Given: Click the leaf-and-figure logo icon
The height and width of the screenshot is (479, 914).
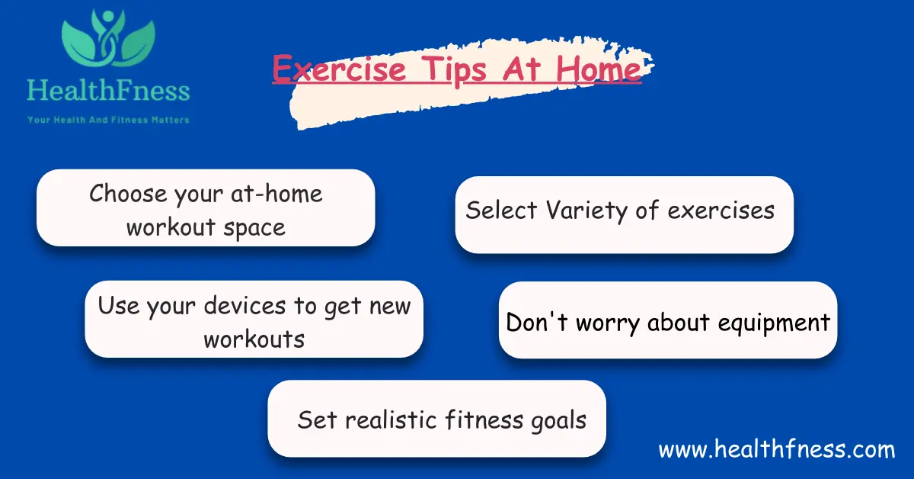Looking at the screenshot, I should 108,42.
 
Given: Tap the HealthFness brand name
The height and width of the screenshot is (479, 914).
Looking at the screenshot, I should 107,92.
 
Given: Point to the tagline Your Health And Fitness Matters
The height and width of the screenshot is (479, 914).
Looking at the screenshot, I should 108,120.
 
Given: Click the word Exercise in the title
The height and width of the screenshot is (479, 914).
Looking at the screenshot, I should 339,69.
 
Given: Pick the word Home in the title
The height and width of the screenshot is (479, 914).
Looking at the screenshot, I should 598,69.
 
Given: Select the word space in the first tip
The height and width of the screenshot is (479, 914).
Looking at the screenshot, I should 253,227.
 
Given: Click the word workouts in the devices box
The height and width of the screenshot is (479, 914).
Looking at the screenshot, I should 254,339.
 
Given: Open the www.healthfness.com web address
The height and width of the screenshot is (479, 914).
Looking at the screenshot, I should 776,449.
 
